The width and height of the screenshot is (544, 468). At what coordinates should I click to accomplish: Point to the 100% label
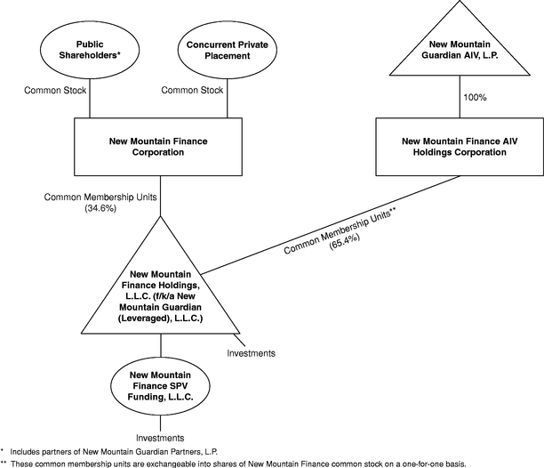475,98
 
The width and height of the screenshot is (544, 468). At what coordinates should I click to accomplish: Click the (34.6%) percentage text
100,208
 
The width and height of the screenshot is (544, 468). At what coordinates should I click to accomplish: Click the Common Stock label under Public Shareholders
55,90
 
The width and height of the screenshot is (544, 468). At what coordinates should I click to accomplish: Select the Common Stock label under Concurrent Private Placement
192,90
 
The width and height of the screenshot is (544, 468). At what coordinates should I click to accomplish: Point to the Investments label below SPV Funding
160,438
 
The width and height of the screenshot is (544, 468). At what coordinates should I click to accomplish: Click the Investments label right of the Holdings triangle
252,353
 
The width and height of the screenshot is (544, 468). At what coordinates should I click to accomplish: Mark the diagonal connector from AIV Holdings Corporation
331,225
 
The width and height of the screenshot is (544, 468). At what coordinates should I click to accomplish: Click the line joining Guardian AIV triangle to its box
460,96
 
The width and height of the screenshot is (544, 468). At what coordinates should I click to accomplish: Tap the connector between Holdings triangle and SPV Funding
161,345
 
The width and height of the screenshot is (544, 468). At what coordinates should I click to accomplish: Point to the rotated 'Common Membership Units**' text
340,230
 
